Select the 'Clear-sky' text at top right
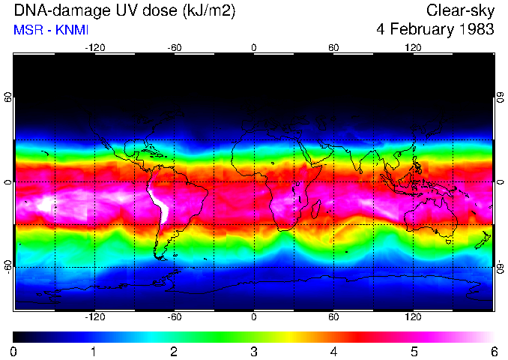point(460,11)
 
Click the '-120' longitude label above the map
point(94,48)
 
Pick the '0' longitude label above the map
point(254,48)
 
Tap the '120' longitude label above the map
point(413,48)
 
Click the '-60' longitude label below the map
point(174,317)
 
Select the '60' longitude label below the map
point(333,317)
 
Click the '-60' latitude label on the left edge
point(8,266)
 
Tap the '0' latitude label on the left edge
point(8,182)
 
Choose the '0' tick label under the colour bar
point(14,351)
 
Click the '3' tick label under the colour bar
point(253,351)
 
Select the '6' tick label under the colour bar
point(493,351)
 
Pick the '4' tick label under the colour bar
point(333,351)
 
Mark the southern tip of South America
point(160,257)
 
